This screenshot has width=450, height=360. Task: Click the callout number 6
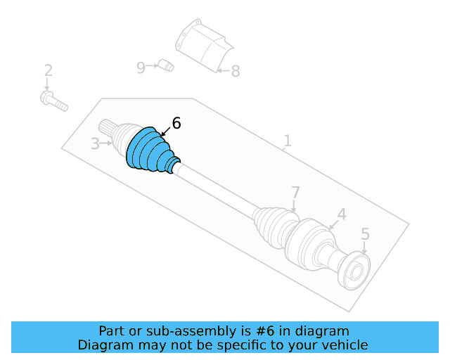(176, 124)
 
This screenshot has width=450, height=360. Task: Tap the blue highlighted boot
(150, 151)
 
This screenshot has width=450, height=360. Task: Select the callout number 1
(287, 141)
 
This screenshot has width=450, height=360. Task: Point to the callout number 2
(48, 70)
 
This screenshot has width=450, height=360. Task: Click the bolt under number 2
(53, 100)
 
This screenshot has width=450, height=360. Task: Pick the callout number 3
(95, 144)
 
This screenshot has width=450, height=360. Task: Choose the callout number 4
(342, 214)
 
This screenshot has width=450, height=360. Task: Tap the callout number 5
(365, 234)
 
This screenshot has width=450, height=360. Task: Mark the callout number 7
(295, 192)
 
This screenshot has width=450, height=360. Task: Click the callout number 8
(236, 71)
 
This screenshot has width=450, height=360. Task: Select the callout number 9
(141, 67)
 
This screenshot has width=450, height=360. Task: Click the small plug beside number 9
(166, 66)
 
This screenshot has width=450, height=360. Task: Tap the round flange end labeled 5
(356, 270)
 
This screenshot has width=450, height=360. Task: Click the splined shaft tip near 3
(108, 127)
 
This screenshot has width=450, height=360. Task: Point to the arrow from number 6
(165, 131)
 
